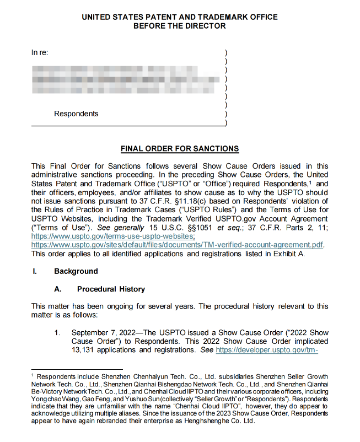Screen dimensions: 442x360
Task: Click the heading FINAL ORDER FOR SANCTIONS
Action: (x=180, y=149)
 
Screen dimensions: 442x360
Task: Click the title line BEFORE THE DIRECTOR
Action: (x=180, y=26)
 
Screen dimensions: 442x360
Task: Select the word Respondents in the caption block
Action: (x=76, y=114)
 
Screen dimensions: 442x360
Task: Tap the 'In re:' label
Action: (x=40, y=53)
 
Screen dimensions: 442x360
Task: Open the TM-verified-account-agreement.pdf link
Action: (x=177, y=245)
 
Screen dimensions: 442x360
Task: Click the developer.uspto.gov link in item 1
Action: (x=267, y=350)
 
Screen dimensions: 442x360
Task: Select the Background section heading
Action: (x=76, y=271)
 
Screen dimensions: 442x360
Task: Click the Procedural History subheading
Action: (x=111, y=289)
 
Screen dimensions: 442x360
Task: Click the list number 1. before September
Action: (x=57, y=332)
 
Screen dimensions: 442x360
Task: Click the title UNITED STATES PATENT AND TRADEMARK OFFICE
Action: (x=180, y=17)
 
